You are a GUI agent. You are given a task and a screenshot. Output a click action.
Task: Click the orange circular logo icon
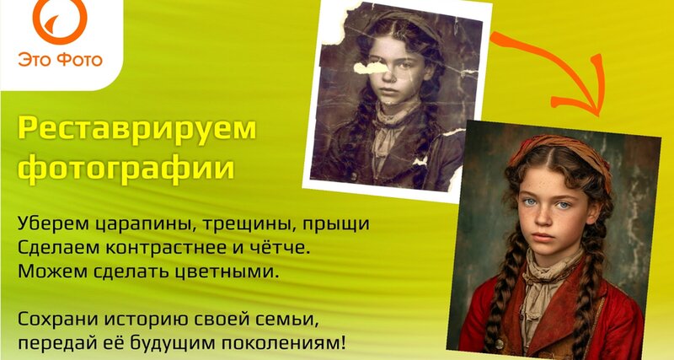point(60,19)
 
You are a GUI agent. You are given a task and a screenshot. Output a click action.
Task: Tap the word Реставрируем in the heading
point(137,129)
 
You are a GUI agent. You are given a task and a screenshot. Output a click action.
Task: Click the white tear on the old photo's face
point(370,67)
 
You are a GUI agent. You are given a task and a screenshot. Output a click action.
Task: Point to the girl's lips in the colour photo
point(543,237)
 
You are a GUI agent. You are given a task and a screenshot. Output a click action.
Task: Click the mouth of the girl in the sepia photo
point(389,92)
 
